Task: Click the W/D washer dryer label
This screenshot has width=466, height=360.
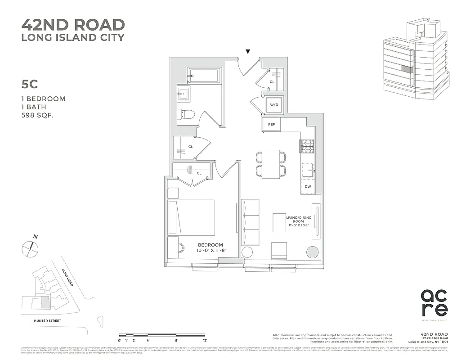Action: (274, 105)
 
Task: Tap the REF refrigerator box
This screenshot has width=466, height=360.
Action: (271, 125)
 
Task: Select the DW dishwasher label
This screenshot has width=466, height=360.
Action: (308, 186)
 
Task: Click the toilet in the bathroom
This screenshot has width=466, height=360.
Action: (186, 115)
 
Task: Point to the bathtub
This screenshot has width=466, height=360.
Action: (204, 76)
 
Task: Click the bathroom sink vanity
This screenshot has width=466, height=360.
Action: (184, 94)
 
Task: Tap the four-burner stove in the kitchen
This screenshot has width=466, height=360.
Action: (307, 146)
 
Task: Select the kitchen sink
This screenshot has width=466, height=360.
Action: (308, 170)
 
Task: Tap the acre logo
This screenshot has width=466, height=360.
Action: (434, 303)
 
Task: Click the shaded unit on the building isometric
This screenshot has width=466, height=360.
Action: (407, 70)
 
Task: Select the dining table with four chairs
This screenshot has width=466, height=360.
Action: (271, 164)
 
